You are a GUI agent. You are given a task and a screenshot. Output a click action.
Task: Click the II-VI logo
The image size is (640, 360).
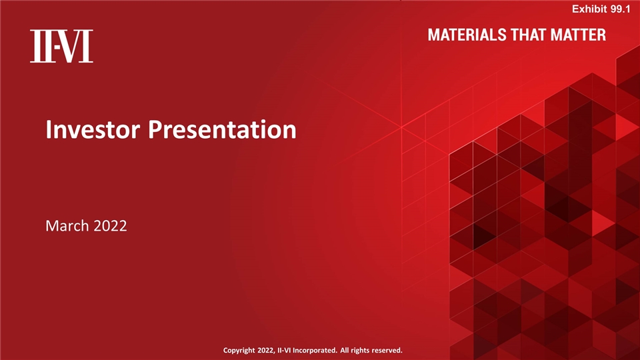point(61,47)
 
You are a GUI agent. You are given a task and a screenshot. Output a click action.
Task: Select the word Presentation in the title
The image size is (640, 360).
point(222,129)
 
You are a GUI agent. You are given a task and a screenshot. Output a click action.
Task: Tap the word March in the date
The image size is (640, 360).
point(65,227)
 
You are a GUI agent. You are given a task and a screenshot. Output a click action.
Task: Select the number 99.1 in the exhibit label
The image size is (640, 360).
point(619,8)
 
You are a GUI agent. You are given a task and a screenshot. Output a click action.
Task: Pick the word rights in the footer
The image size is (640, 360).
point(363,350)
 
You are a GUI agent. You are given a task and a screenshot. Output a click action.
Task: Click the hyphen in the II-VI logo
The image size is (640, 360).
point(59,47)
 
